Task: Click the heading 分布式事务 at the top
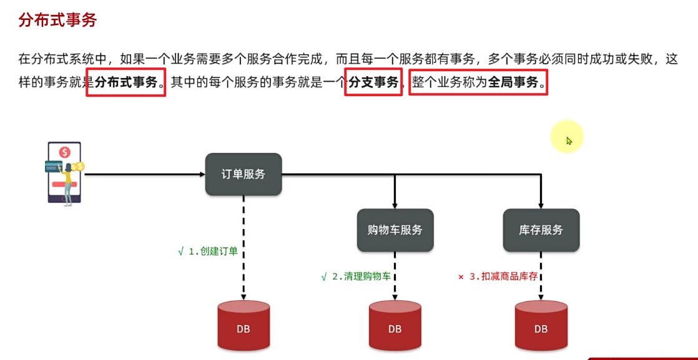pos(57,20)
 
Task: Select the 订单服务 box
pos(243,174)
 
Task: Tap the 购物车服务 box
pos(395,230)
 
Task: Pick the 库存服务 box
pos(541,230)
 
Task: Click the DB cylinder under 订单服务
pos(243,328)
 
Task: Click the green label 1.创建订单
pos(212,251)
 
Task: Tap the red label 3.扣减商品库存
pos(506,276)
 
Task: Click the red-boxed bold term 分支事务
pos(373,82)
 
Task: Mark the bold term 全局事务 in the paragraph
pos(513,82)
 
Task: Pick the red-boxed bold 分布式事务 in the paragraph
pos(126,82)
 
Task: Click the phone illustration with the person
pos(64,172)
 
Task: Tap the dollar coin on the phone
pos(64,152)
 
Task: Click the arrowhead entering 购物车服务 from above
pos(395,205)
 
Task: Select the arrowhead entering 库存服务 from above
pos(541,205)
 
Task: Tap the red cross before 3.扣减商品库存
pos(461,276)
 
